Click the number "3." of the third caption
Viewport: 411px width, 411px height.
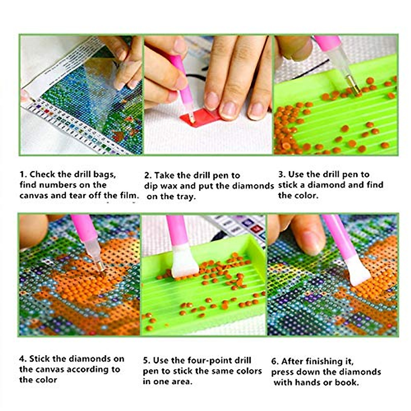point(282,174)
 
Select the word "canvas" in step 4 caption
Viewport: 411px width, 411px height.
point(49,369)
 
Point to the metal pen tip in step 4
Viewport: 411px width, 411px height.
point(100,266)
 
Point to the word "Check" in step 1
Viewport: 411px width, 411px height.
point(42,174)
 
